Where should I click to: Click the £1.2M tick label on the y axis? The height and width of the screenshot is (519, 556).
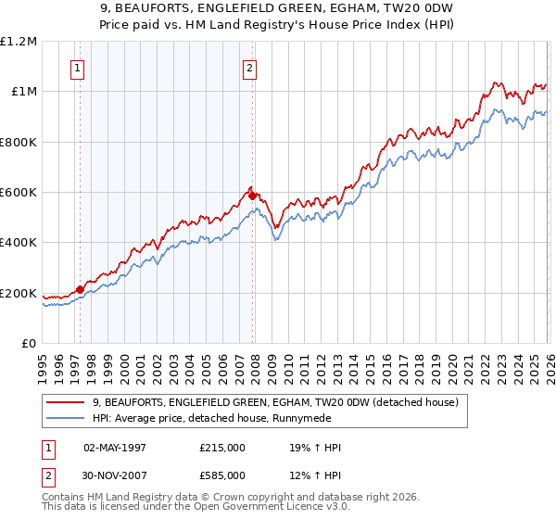pos(19,42)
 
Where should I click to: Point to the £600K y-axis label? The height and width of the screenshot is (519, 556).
pos(19,193)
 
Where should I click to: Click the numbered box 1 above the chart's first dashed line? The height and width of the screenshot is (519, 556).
pos(77,67)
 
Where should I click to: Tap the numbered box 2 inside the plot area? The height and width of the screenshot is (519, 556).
pos(250,67)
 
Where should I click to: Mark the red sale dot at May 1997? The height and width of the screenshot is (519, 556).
pos(81,289)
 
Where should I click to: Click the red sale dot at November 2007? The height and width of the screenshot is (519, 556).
pos(253,196)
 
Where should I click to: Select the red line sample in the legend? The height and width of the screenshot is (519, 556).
pos(67,402)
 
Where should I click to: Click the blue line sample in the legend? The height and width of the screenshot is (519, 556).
pos(67,419)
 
